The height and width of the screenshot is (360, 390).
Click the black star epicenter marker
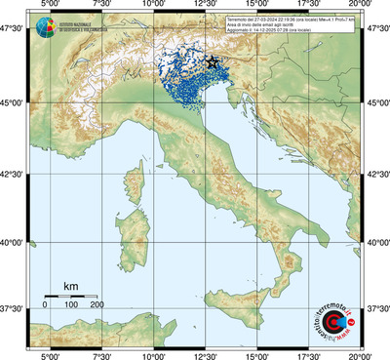click(213, 61)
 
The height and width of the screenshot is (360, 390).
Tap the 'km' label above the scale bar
click(70, 286)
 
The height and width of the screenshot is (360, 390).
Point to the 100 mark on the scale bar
click(71, 305)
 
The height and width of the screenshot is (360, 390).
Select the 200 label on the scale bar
click(97, 305)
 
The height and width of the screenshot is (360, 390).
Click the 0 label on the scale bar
click(45, 305)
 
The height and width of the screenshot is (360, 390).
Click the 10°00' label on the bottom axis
click(151, 355)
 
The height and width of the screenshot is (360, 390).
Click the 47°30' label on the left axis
click(13, 30)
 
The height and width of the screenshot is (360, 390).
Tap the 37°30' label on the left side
click(13, 308)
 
